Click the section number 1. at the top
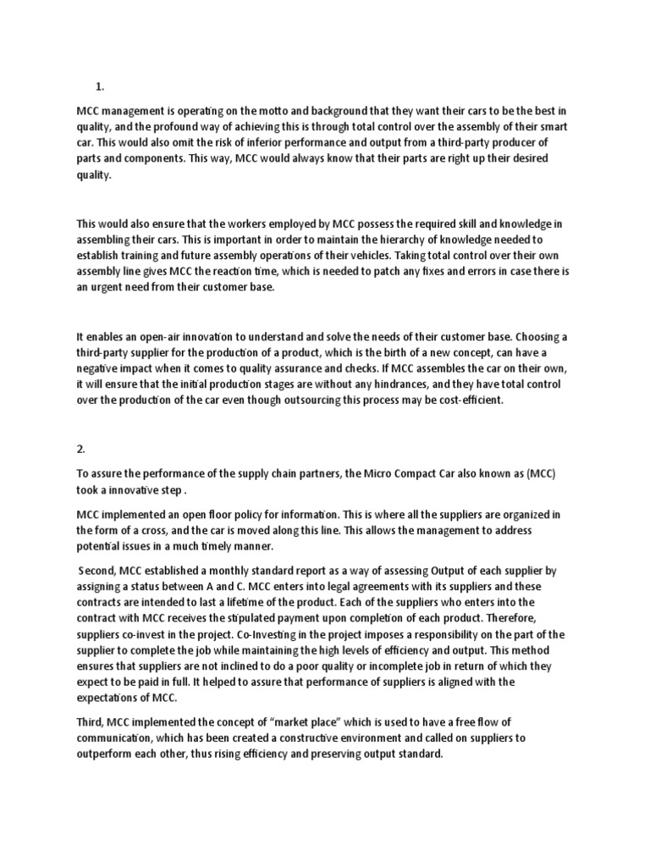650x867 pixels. pos(99,86)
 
